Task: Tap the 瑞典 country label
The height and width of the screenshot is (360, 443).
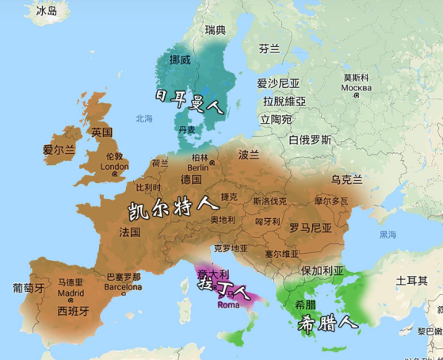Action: pyautogui.click(x=215, y=30)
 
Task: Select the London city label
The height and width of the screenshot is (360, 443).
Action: pyautogui.click(x=115, y=167)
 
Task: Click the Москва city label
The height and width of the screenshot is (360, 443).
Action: pyautogui.click(x=356, y=87)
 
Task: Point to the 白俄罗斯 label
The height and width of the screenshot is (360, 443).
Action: pyautogui.click(x=310, y=140)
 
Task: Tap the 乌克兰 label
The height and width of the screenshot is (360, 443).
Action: pyautogui.click(x=346, y=180)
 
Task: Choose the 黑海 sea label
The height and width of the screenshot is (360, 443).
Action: pyautogui.click(x=388, y=235)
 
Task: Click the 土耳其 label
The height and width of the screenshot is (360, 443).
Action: pyautogui.click(x=411, y=281)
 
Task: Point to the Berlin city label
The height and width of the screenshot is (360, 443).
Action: pyautogui.click(x=198, y=168)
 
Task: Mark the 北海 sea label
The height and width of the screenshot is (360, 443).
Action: pyautogui.click(x=143, y=119)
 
